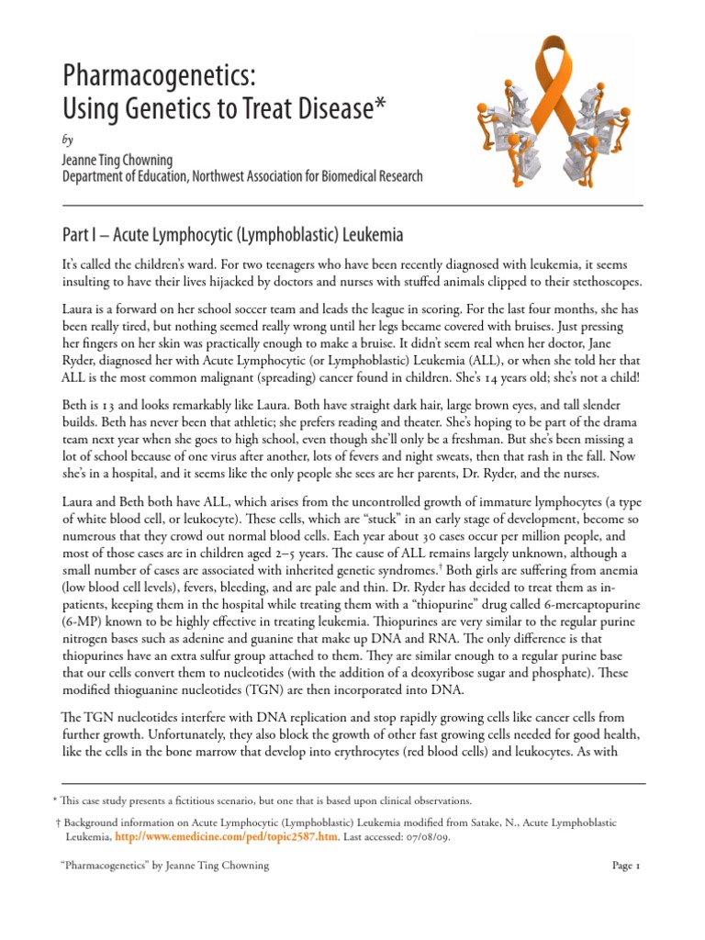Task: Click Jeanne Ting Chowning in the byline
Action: click(117, 161)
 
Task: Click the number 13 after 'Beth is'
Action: click(106, 406)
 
